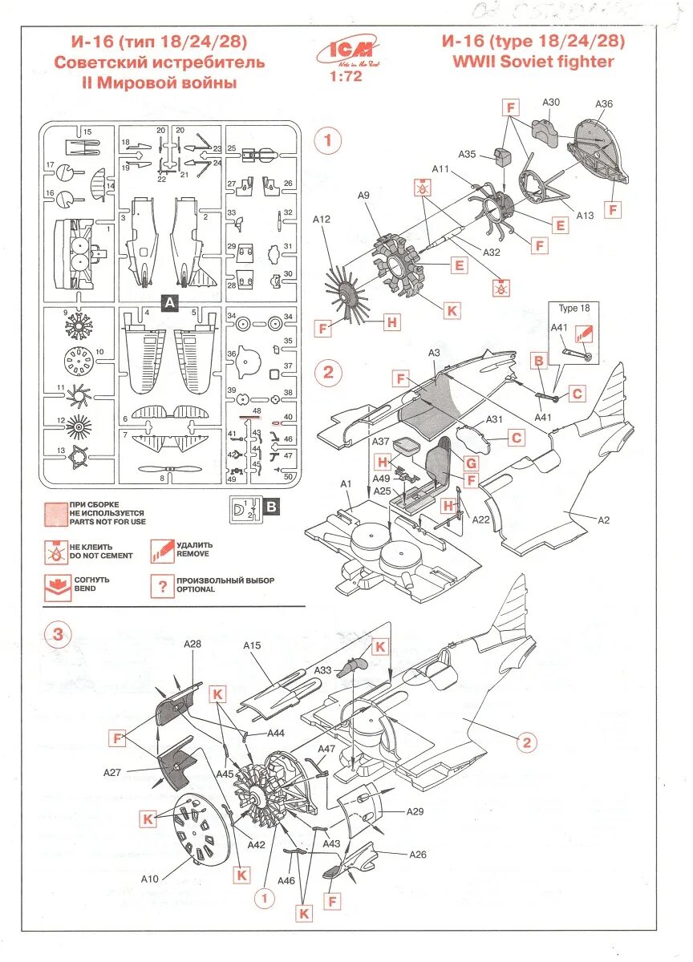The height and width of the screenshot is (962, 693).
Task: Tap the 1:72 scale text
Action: coord(346,77)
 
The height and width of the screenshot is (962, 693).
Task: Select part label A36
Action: coord(604,104)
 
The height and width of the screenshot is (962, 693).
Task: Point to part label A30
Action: coord(551,102)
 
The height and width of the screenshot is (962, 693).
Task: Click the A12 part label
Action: coord(322,219)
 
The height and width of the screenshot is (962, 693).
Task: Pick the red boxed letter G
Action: coord(471,463)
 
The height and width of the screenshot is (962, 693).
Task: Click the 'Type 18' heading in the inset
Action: coord(574,309)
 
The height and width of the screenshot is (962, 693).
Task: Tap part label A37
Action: coord(382,442)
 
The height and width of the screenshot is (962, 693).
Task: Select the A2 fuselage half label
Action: coord(604,519)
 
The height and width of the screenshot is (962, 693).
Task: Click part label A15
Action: coord(253,645)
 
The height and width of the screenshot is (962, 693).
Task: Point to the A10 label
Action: coord(150,879)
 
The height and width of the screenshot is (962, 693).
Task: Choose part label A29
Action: coord(415,812)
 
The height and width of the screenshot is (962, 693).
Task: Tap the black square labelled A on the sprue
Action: coord(170,302)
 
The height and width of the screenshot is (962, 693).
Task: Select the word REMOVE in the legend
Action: coord(192,554)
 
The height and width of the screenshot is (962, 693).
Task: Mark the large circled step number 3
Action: coord(57,636)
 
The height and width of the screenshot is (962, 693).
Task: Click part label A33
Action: coord(323,670)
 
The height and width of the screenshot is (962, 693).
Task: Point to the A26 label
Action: coord(417,854)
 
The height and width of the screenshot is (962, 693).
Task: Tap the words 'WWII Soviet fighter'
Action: coord(533,61)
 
